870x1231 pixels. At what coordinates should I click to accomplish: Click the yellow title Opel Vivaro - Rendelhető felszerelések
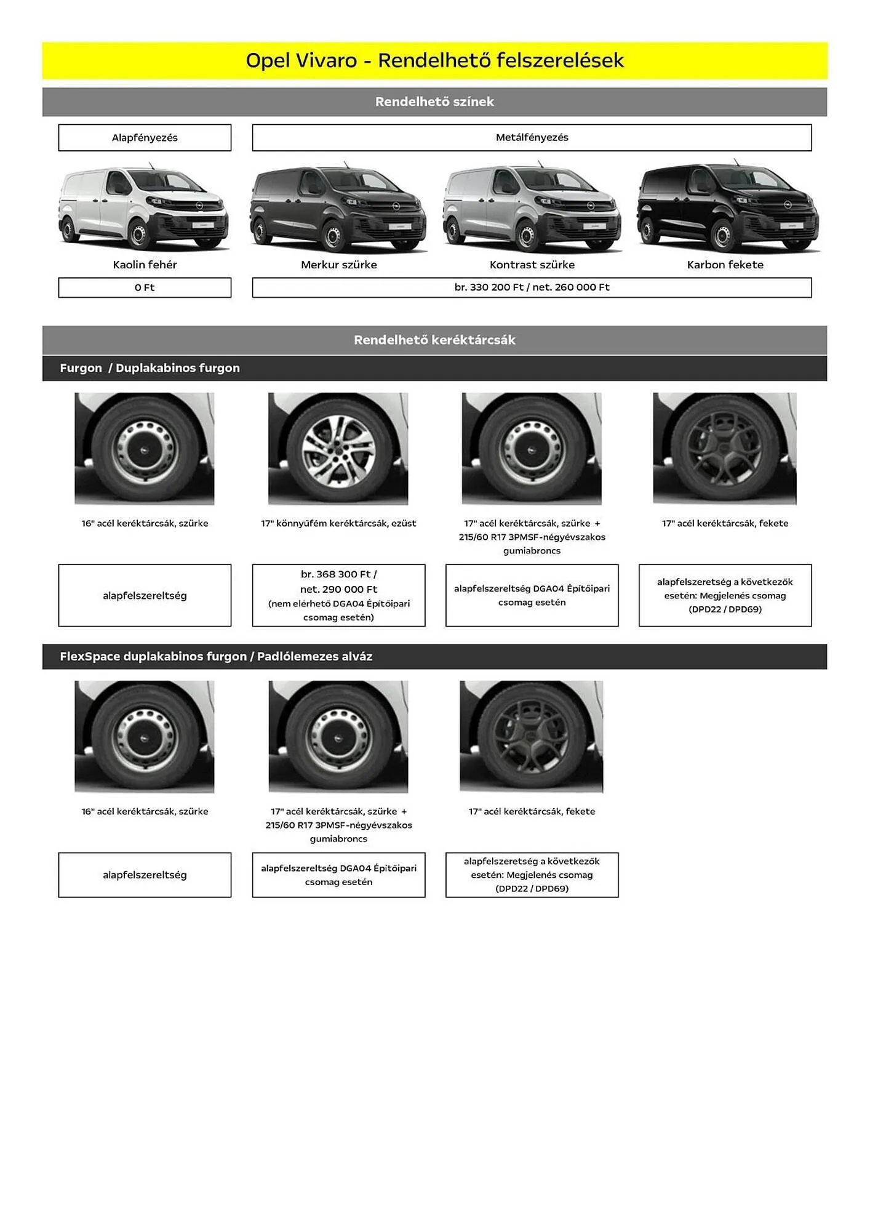[x=434, y=60]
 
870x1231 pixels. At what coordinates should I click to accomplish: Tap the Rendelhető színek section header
[x=434, y=102]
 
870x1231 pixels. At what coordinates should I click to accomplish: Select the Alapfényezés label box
[x=145, y=137]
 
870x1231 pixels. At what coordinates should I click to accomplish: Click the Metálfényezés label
[x=532, y=137]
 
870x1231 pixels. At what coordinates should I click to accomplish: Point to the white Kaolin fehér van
[x=143, y=206]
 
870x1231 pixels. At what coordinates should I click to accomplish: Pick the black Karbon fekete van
[x=728, y=206]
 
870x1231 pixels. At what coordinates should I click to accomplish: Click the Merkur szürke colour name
[x=339, y=265]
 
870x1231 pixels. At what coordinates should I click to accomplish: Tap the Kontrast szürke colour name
[x=532, y=265]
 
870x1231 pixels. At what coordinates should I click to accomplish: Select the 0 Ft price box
[x=145, y=287]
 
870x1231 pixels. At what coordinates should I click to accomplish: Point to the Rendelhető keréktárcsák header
[x=434, y=340]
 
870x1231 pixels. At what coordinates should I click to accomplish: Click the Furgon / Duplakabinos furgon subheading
[x=150, y=368]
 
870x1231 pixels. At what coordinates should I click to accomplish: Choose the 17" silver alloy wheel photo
[x=338, y=449]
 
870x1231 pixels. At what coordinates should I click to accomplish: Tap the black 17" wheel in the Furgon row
[x=725, y=449]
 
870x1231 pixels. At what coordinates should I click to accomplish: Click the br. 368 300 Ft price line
[x=338, y=574]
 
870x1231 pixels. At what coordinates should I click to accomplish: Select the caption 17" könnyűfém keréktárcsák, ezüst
[x=338, y=523]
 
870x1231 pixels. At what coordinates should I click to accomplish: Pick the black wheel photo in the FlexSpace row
[x=531, y=737]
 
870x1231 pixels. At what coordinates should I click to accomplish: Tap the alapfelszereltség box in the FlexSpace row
[x=145, y=875]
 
